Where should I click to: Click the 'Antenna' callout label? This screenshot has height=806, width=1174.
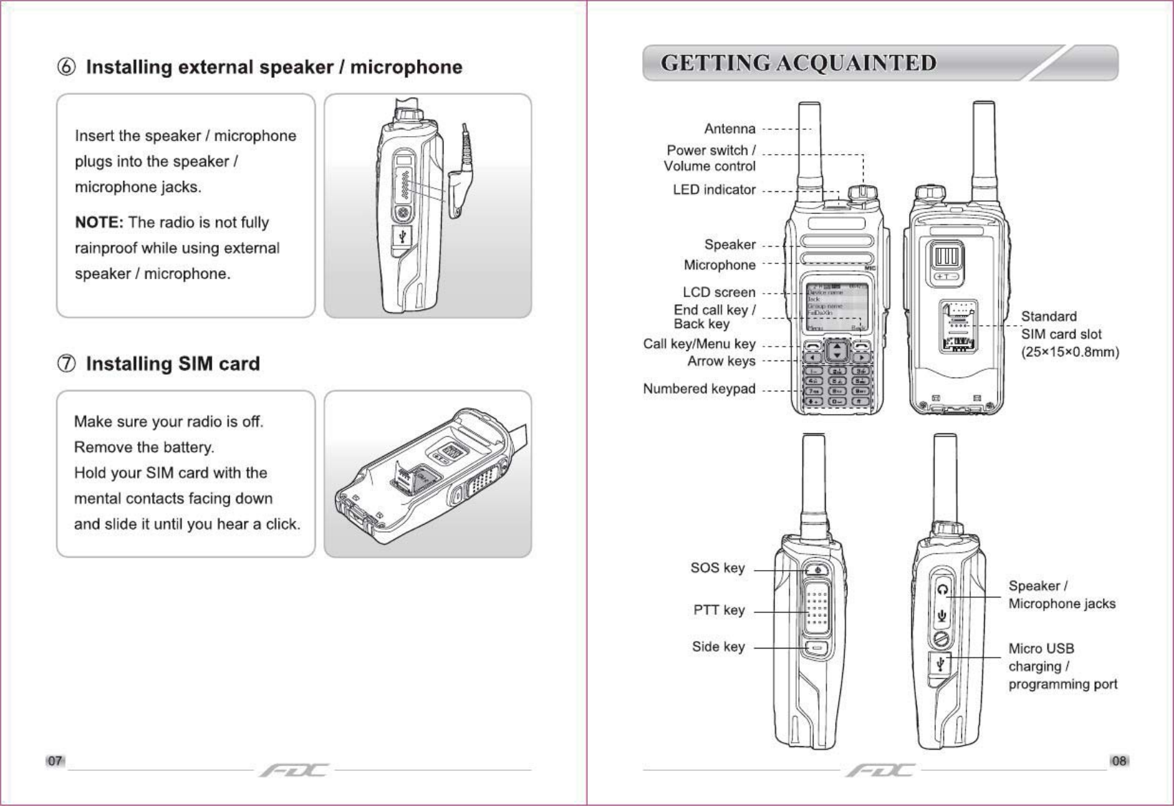point(729,129)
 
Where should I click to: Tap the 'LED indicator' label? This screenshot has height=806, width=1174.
point(714,190)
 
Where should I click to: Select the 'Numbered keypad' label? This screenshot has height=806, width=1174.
point(698,389)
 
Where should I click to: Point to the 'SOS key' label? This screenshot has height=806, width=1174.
point(717,568)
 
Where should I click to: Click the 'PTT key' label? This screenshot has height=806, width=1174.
point(718,610)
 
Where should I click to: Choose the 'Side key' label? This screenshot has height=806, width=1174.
point(718,646)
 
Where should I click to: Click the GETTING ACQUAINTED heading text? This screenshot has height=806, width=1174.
point(798,63)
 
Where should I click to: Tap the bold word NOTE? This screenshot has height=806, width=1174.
point(99,222)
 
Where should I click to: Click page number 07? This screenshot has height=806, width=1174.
point(55,761)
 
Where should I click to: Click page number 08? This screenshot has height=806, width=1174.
point(1119,761)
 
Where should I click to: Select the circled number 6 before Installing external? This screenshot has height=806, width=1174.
point(66,67)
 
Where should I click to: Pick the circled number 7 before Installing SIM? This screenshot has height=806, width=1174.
point(66,364)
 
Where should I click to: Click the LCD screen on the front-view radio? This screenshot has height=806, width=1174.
point(836,306)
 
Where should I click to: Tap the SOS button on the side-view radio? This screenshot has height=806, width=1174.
point(817,569)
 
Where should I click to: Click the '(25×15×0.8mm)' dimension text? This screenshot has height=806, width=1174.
point(1069,352)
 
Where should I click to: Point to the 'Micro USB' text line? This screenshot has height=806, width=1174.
point(1040,649)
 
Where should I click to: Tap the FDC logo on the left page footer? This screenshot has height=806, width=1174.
point(295,770)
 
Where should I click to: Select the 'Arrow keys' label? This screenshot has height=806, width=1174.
point(721,361)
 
